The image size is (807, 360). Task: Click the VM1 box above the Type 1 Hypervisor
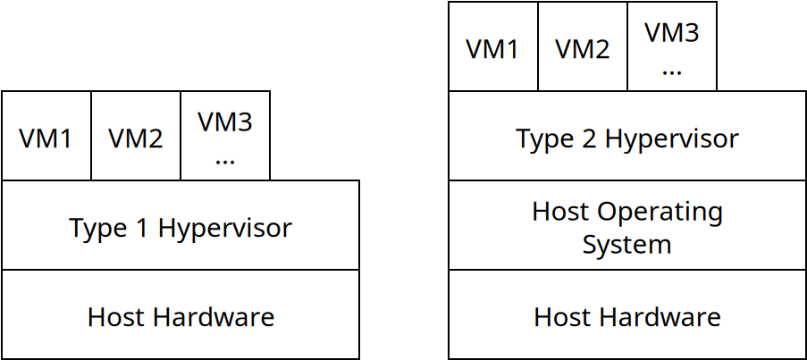click(x=46, y=136)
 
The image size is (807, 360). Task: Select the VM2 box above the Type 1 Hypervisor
click(x=136, y=136)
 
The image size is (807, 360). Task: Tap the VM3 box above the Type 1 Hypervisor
click(x=225, y=136)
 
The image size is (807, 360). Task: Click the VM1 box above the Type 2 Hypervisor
click(x=493, y=46)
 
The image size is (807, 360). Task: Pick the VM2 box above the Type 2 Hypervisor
click(x=583, y=46)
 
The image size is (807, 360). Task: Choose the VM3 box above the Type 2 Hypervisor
click(x=672, y=46)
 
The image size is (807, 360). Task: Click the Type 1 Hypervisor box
click(x=181, y=225)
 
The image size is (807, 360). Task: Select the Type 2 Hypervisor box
click(x=627, y=136)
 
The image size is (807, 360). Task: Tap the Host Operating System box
click(x=627, y=225)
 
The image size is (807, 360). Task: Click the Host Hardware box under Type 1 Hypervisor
click(x=181, y=315)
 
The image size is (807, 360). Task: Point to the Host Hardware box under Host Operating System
click(x=627, y=315)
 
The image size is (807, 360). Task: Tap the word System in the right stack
click(x=626, y=244)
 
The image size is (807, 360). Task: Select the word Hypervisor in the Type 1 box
click(x=224, y=229)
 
